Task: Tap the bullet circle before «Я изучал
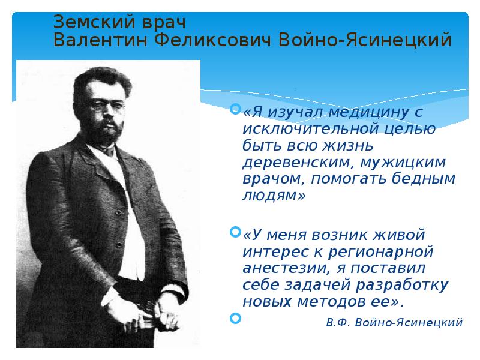235,109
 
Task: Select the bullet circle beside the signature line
235,316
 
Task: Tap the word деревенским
290,162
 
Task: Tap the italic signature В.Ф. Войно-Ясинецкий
394,322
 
